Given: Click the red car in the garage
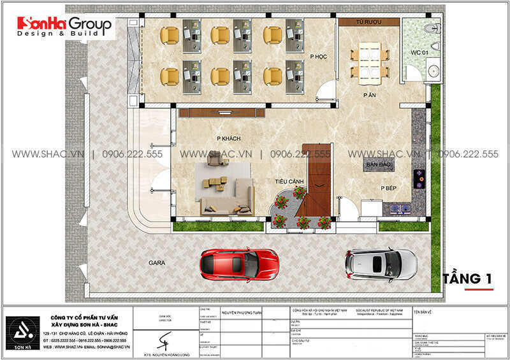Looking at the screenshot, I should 238,263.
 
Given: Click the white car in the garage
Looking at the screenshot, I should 381,263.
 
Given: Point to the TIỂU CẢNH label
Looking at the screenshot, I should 288,182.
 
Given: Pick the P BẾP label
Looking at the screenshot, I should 390,189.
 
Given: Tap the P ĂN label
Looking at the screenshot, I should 369,95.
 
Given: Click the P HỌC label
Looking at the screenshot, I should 318,57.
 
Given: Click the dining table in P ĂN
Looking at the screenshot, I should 367,61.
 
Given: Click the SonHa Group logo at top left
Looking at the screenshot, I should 64,26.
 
